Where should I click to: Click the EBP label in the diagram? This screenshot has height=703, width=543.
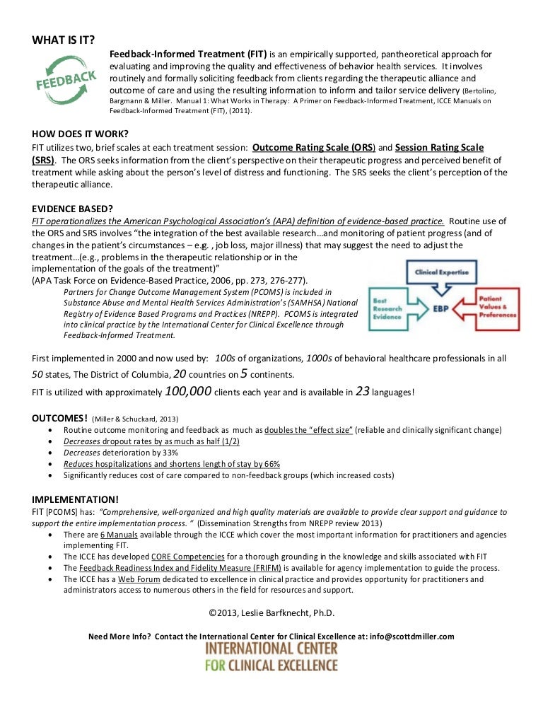pos(438,310)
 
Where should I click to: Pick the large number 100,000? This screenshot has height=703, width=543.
pos(187,391)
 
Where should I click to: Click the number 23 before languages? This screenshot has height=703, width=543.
pos(363,391)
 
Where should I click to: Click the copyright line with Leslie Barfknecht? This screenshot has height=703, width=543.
pos(271,612)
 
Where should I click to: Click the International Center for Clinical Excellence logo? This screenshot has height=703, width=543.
pos(271,656)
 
